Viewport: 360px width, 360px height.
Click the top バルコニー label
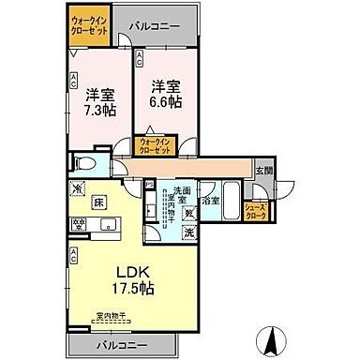coord(155,27)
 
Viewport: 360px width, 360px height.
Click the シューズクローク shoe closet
coord(255,210)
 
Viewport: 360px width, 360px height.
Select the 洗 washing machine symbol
coord(188,232)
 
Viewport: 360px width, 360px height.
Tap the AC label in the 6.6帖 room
coord(140,59)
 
